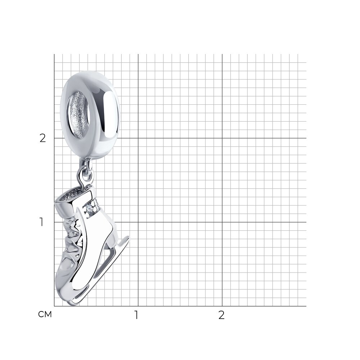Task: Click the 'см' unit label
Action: click(45, 314)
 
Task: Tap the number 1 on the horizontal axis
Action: click(136, 315)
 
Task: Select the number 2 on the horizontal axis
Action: click(221, 315)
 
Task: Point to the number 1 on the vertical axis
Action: click(41, 222)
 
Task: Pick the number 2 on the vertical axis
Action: click(43, 138)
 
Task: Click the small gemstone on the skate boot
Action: click(89, 209)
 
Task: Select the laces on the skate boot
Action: click(72, 241)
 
